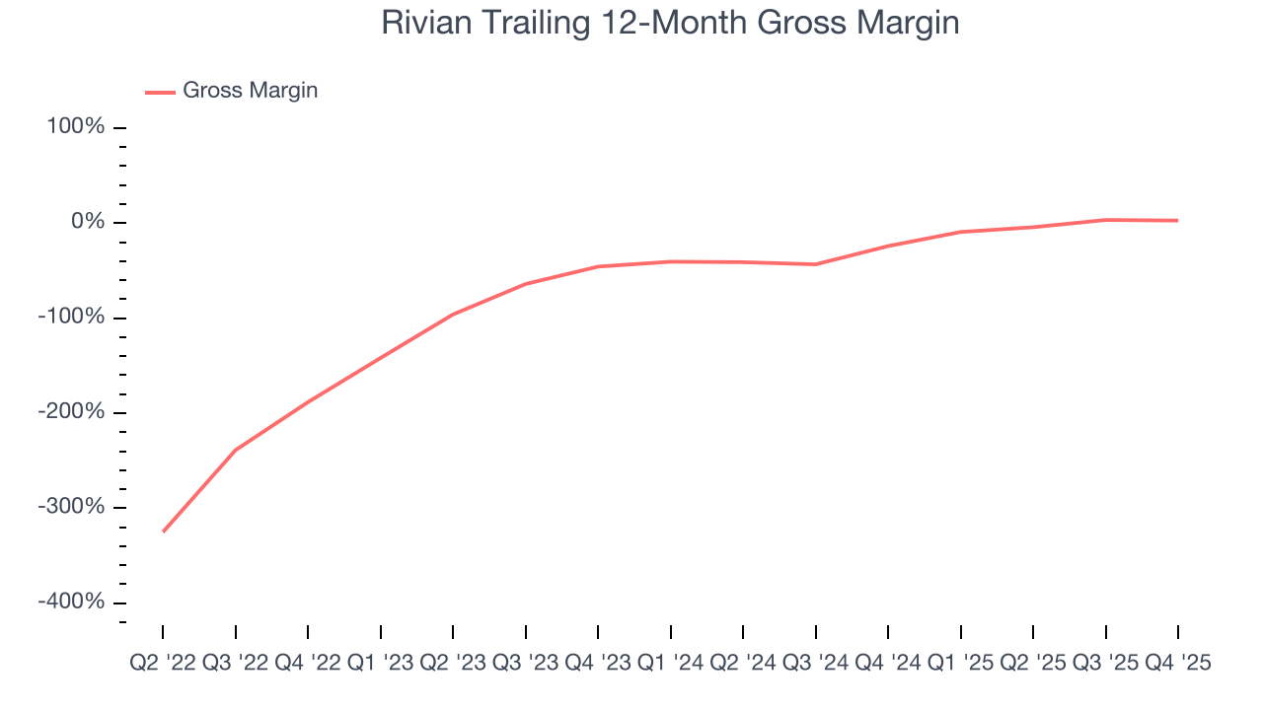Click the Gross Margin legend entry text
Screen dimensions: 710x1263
click(x=251, y=91)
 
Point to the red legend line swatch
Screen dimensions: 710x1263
click(x=160, y=92)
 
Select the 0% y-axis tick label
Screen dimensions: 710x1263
click(x=88, y=222)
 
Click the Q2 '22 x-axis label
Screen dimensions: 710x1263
click(x=163, y=664)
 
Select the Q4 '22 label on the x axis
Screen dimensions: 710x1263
click(x=308, y=664)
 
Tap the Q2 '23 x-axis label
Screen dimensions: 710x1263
click(x=453, y=664)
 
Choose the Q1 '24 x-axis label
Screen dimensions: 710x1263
click(x=671, y=664)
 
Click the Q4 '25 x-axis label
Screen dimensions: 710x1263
click(x=1177, y=664)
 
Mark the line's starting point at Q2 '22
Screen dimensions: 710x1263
click(x=163, y=532)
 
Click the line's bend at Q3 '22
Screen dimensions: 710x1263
click(x=236, y=450)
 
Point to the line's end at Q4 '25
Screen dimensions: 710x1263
click(x=1177, y=220)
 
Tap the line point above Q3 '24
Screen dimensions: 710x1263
click(x=816, y=264)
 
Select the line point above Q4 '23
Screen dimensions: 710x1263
click(x=598, y=266)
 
